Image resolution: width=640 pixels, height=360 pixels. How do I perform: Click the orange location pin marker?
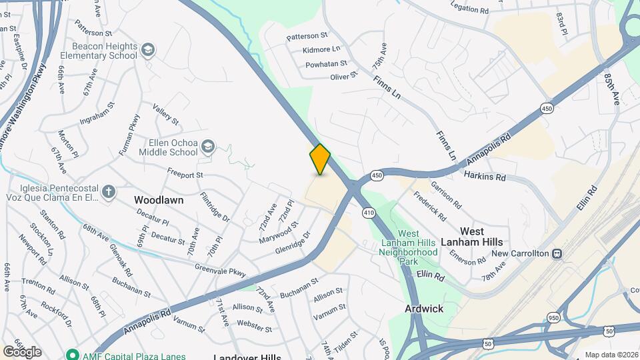pos(320,159)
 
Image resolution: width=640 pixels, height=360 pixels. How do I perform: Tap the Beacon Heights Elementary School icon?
pos(147,49)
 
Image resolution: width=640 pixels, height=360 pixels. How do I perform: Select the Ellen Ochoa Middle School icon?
pos(208,146)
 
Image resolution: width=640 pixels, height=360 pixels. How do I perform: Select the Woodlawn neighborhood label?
pos(159,199)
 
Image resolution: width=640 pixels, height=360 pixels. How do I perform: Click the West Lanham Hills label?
pos(481,237)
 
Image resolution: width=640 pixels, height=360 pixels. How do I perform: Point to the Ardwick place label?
pos(424,309)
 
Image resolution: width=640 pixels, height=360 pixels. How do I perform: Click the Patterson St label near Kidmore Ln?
pos(307,35)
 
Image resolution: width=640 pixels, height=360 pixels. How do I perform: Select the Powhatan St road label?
pos(326,65)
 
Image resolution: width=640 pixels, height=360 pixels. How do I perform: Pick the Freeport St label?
pos(185,175)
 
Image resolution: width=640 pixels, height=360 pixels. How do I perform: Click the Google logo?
pos(22,351)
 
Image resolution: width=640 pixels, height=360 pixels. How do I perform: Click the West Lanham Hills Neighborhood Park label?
pos(408,243)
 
